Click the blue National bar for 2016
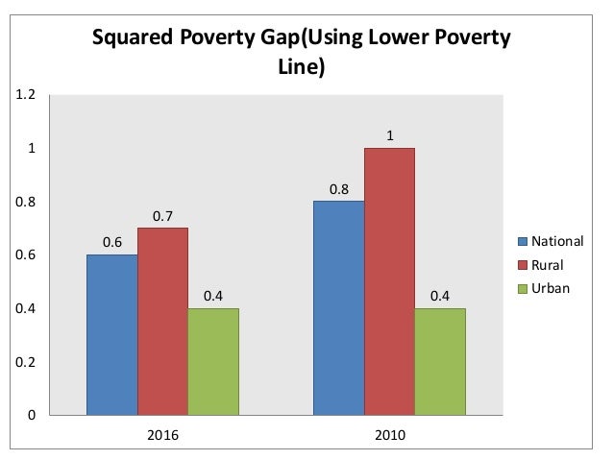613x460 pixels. (111, 334)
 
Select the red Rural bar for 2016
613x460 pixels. (162, 321)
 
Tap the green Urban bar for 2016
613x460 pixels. (213, 361)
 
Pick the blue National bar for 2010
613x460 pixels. (338, 307)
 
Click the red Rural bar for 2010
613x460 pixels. (389, 280)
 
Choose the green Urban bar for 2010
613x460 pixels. (440, 361)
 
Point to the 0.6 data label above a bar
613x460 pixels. (111, 242)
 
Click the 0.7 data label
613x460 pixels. (162, 215)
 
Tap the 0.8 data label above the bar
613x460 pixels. (338, 189)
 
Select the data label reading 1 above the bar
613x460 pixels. (389, 135)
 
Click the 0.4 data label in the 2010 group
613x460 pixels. (440, 296)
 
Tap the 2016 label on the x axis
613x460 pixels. (162, 434)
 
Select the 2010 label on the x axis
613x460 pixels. (389, 434)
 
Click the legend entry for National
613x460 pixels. (550, 242)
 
